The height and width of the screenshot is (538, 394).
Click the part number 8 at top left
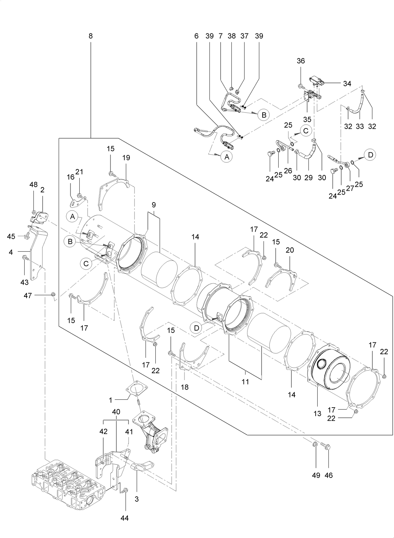tap(90, 36)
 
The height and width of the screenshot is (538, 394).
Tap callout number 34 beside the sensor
tap(347, 84)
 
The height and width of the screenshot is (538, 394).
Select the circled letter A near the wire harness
tap(227, 157)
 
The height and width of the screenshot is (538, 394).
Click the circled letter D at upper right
tap(370, 155)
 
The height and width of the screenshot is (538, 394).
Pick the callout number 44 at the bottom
tap(125, 518)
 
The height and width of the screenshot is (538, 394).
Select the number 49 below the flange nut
tap(316, 475)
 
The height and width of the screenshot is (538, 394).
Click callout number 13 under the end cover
tap(317, 414)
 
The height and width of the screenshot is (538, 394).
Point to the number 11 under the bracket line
tap(245, 382)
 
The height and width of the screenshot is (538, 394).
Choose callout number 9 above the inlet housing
tap(153, 205)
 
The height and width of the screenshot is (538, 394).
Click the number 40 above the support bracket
tap(116, 412)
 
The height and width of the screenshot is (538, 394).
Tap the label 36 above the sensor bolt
tap(301, 61)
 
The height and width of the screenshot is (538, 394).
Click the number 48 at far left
tap(33, 185)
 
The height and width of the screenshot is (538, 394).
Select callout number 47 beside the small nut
tap(28, 296)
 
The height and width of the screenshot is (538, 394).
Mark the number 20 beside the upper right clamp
tap(290, 250)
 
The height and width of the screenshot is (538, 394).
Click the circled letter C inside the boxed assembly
tap(86, 263)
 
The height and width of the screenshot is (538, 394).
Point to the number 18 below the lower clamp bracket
tap(185, 387)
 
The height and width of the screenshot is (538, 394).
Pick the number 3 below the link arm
tap(137, 499)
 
